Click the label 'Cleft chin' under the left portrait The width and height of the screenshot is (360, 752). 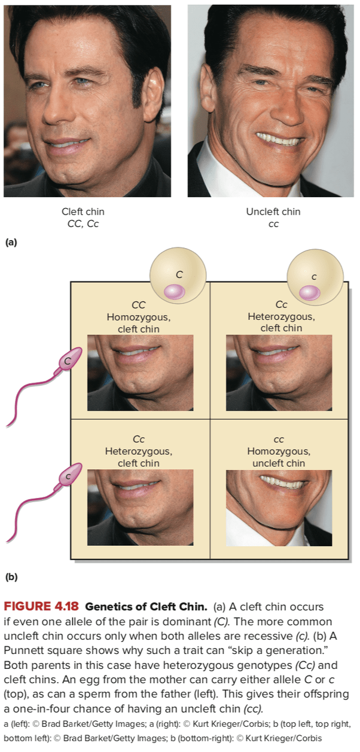[83, 212]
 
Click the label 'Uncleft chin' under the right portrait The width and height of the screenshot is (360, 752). [273, 212]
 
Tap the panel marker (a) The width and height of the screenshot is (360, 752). [11, 243]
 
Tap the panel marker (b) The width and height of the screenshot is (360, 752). [11, 577]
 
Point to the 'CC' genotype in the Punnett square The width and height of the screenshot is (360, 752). [139, 305]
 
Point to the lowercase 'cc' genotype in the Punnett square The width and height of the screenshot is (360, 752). [279, 440]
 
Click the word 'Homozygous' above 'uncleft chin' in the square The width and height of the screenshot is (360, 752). [279, 451]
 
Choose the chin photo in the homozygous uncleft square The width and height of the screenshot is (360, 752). [279, 508]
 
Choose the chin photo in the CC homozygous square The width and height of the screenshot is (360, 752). [141, 372]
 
